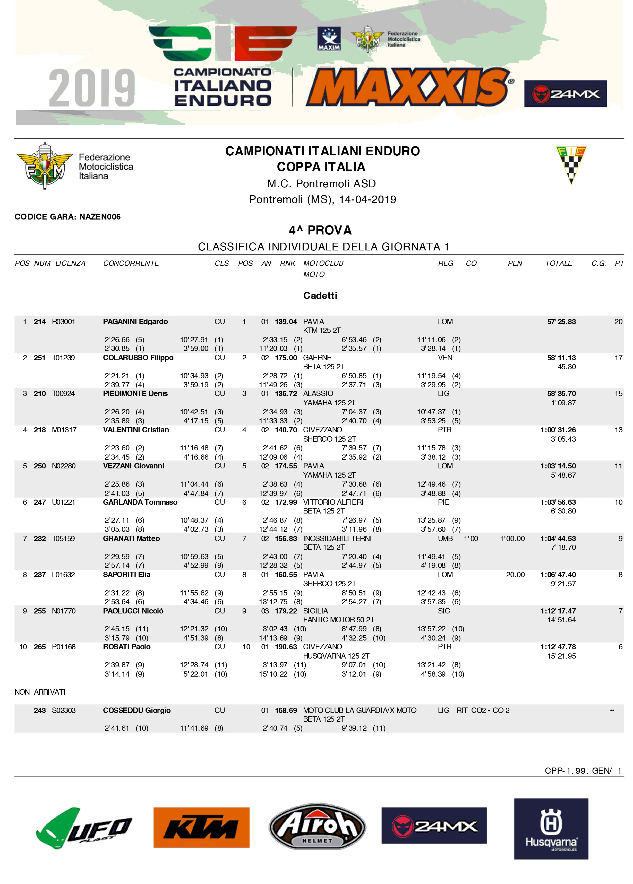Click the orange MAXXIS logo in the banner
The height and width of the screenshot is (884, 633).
pos(409,87)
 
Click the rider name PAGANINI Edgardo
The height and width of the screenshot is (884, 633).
pos(135,322)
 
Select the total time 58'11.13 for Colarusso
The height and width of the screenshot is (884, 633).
pos(561,357)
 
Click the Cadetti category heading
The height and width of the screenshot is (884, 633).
pos(320,296)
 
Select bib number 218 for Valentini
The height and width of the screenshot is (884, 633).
pos(40,430)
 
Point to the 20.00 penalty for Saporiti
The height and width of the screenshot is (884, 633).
pos(515,575)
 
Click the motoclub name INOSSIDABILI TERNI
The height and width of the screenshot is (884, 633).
pos(337,538)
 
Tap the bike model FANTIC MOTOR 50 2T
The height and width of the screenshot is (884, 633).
pos(338,619)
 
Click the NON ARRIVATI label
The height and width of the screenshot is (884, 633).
pos(40,692)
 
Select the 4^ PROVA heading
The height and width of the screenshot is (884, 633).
pos(320,230)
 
